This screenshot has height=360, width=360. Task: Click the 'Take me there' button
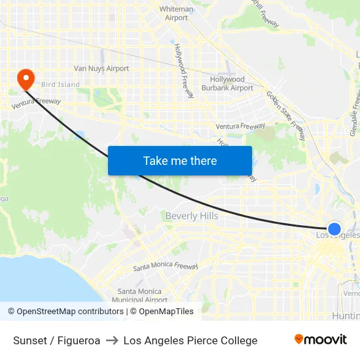(180, 160)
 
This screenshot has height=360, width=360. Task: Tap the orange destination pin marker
(26, 79)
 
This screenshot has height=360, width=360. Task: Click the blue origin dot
(334, 229)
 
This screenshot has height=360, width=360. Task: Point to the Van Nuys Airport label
(101, 68)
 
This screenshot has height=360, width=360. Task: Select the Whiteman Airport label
(177, 14)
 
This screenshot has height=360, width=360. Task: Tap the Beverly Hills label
(192, 216)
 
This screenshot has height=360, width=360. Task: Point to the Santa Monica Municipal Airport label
(139, 296)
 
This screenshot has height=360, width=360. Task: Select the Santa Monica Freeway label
(166, 266)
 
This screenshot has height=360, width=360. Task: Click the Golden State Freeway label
(286, 115)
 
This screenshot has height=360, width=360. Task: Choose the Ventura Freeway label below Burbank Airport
(240, 126)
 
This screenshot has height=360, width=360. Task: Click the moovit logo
(321, 340)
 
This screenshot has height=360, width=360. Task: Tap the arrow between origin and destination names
(112, 340)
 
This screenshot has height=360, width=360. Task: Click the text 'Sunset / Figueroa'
(57, 340)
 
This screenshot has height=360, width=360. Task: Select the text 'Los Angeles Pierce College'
(190, 340)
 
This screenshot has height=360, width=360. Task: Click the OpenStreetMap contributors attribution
(65, 312)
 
